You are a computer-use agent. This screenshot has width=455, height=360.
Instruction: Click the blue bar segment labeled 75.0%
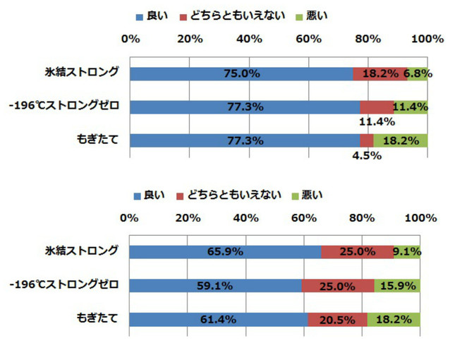point(241,73)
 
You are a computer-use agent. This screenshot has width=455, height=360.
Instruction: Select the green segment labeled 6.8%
point(418,73)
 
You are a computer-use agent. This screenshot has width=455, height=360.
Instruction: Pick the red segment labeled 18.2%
point(380,73)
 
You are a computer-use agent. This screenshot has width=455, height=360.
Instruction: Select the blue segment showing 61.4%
point(219,319)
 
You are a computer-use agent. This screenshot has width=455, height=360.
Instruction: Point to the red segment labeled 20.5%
point(337,319)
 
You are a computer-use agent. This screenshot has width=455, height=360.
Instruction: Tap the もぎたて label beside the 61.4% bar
point(97,318)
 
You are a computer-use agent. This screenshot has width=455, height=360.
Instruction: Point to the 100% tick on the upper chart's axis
point(428,39)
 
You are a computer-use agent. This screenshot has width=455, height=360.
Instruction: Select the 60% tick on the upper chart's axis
point(310,39)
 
